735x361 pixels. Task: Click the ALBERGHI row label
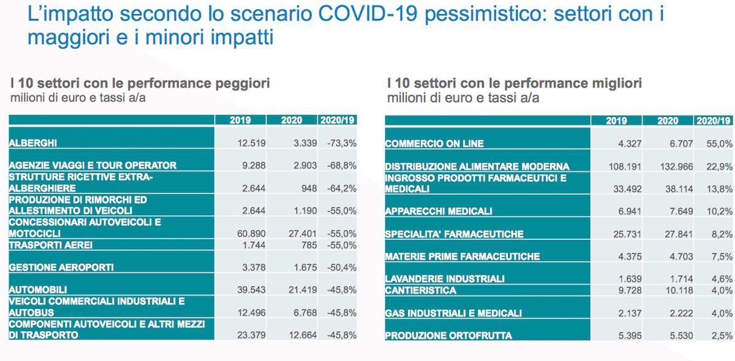33,143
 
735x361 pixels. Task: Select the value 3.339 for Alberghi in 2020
305,143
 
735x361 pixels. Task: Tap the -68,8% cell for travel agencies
342,165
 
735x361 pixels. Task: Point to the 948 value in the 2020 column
309,188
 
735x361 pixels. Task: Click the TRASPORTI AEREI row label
50,245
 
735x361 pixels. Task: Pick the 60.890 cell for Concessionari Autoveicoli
251,234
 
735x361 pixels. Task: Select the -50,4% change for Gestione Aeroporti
342,267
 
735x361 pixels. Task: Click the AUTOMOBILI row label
38,290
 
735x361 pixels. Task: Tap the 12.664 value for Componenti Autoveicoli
303,335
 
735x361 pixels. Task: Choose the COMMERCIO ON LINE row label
434,144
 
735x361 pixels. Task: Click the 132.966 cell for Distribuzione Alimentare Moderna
677,166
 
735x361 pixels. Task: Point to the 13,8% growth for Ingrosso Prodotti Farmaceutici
719,189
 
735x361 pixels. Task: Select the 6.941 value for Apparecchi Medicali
630,211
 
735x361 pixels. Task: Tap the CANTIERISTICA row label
421,291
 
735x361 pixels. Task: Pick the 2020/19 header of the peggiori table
337,121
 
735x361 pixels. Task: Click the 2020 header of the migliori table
668,121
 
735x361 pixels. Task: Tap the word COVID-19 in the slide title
367,14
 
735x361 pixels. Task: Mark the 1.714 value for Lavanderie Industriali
681,278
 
